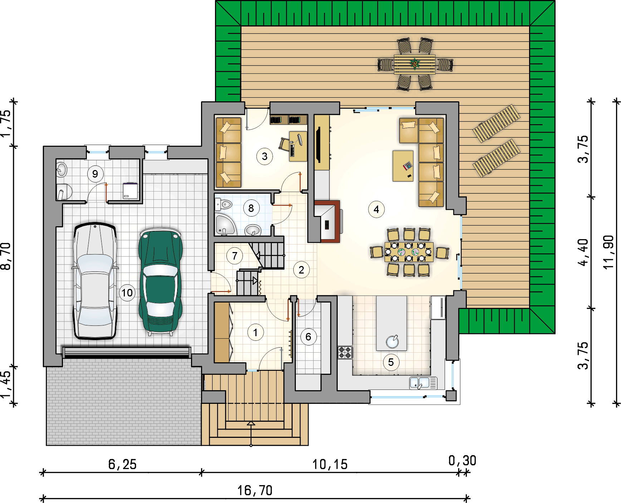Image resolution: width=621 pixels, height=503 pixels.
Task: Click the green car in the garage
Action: [x=161, y=281]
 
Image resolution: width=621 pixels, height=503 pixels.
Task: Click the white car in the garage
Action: [x=95, y=281]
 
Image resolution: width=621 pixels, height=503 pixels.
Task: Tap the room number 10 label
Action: [x=127, y=293]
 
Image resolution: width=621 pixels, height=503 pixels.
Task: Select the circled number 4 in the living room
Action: [x=376, y=209]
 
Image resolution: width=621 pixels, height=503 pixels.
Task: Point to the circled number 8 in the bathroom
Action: [x=251, y=208]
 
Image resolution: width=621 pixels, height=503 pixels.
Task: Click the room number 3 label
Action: [x=265, y=156]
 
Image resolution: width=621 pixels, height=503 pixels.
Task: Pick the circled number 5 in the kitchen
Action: [x=391, y=362]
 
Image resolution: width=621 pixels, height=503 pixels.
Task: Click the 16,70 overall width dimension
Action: [x=255, y=490]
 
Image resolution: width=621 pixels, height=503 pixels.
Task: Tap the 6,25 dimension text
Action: [x=122, y=464]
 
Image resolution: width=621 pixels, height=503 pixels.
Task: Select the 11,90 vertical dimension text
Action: [x=608, y=252]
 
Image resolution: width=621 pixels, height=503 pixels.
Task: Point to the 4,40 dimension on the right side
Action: [x=583, y=252]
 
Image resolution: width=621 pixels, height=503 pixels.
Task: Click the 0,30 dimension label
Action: [x=462, y=460]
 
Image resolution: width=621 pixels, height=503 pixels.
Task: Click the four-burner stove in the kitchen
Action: [x=345, y=352]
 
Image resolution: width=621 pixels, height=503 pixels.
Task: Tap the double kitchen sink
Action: [x=423, y=383]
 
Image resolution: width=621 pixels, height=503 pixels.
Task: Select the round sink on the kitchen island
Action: [x=392, y=342]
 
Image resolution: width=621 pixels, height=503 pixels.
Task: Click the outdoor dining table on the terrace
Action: [x=415, y=64]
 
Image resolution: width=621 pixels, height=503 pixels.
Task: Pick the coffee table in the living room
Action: [x=403, y=166]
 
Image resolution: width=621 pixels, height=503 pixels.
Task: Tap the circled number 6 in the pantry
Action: [x=308, y=337]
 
